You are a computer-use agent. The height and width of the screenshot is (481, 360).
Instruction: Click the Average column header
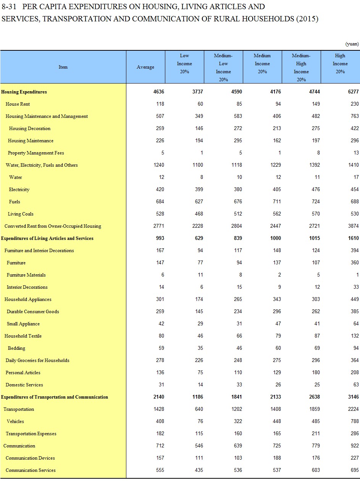point(145,67)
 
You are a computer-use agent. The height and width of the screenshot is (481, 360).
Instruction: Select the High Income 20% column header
point(340,63)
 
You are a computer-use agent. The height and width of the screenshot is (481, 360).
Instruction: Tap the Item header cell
point(63,67)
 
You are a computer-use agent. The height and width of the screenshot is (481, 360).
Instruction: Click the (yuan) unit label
point(352,44)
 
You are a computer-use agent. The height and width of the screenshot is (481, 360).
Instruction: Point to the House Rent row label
point(18,104)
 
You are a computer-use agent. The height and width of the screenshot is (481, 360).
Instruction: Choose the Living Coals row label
point(21,214)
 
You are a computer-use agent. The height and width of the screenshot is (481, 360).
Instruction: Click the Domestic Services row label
point(24,385)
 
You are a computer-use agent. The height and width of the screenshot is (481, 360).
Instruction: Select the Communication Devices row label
point(30,458)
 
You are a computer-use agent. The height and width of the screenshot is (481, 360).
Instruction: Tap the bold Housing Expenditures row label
point(24,92)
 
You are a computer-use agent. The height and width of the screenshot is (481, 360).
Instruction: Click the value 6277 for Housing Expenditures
point(353,92)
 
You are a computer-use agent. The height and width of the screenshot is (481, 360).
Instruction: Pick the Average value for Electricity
point(160,190)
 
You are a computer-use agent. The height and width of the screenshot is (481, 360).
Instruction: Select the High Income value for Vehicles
point(355,421)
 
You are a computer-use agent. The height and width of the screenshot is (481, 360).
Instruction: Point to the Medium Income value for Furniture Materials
point(279,275)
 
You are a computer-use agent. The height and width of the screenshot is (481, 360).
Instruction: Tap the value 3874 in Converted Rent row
point(353,226)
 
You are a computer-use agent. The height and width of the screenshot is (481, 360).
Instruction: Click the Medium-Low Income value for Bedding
point(238,348)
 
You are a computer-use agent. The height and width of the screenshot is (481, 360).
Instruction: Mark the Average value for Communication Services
point(160,470)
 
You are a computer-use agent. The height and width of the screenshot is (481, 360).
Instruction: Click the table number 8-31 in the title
point(9,7)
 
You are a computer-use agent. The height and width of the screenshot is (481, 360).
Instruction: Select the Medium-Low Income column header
point(223,67)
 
